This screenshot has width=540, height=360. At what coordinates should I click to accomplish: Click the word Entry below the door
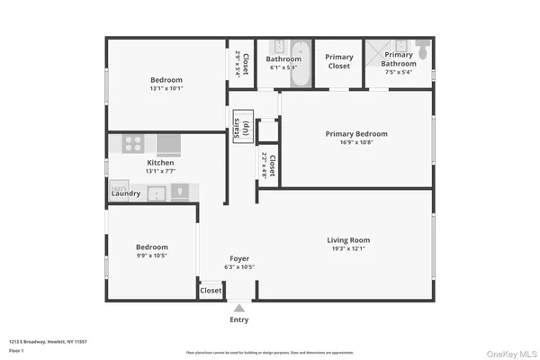pos(239,319)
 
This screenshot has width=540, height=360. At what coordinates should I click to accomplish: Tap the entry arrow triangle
pos(239,308)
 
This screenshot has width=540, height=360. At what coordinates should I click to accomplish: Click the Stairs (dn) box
pos(241,130)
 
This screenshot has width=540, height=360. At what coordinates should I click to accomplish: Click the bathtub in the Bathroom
pos(300,64)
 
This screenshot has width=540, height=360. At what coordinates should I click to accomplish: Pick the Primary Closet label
pos(339,61)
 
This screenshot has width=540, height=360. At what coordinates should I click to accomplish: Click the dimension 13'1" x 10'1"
pos(166,88)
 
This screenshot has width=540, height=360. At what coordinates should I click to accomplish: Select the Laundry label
pos(125,193)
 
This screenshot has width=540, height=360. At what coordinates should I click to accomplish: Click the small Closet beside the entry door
pos(211,291)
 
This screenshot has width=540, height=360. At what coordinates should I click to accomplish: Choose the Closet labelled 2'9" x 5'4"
pos(238,61)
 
